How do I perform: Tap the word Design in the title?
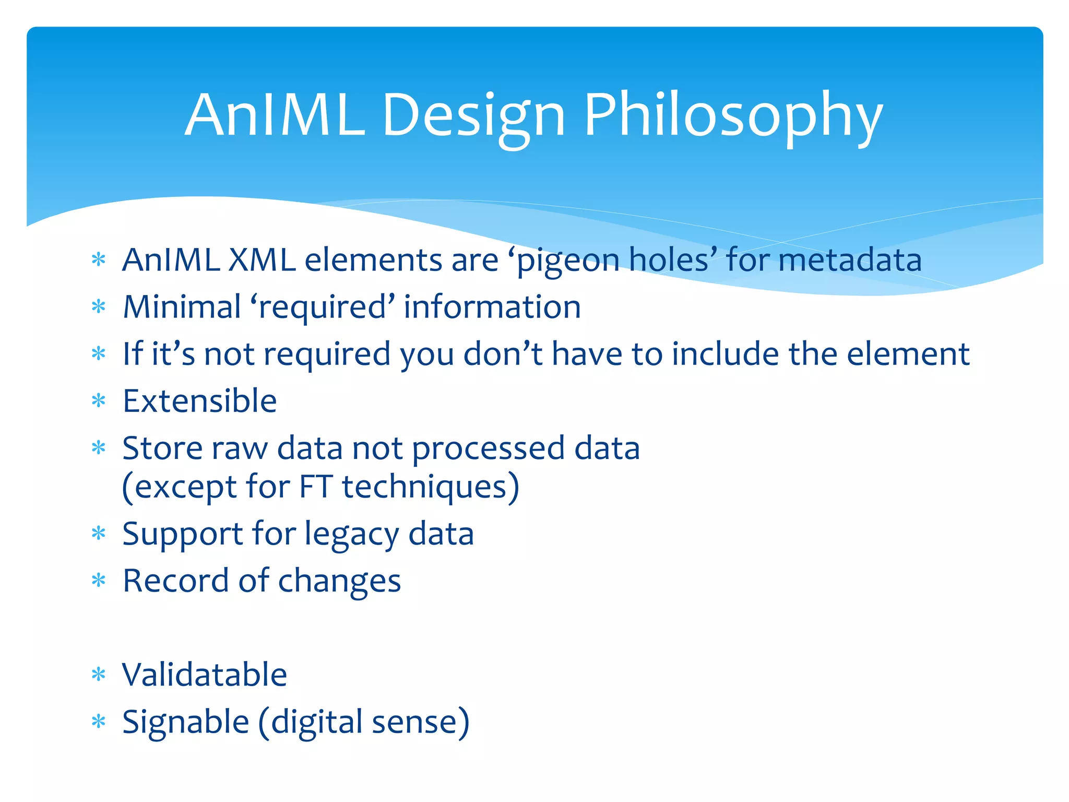click(473, 116)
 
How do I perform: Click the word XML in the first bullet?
click(262, 260)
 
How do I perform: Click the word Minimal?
click(182, 306)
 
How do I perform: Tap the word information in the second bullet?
click(492, 306)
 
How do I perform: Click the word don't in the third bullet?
click(503, 353)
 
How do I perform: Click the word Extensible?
click(199, 401)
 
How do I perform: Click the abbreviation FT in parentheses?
click(315, 486)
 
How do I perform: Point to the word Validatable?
click(204, 675)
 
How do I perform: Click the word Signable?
click(185, 722)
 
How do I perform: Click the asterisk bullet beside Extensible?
click(98, 401)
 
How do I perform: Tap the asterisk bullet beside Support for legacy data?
click(98, 534)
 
